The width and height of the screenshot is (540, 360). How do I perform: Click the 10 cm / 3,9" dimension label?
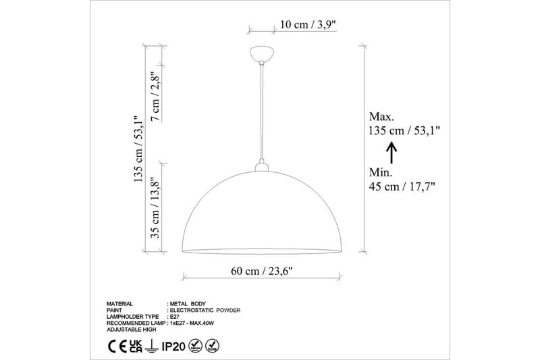point(307,25)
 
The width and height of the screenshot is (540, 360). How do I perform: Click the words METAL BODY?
point(188,304)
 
